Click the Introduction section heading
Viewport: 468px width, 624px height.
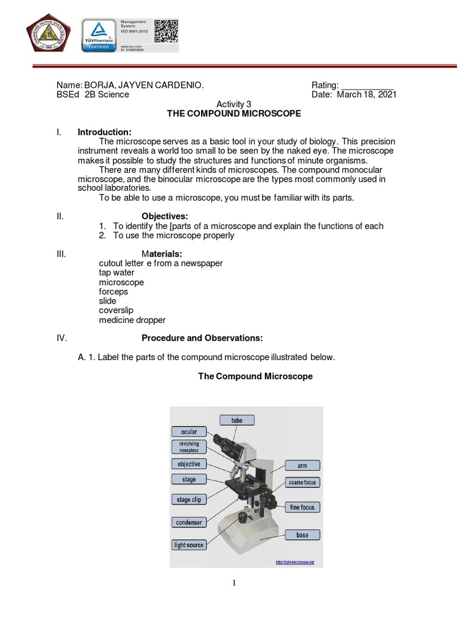click(104, 133)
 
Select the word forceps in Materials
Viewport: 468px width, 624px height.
click(113, 292)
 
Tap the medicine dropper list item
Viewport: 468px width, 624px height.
click(132, 320)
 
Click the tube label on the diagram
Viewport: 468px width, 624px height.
click(236, 420)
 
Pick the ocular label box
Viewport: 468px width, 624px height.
click(189, 432)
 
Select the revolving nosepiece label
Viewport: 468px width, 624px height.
click(189, 447)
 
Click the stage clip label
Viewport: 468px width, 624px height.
click(189, 500)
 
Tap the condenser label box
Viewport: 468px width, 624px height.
click(189, 522)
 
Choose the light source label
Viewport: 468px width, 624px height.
click(189, 545)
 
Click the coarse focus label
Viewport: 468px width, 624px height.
click(302, 483)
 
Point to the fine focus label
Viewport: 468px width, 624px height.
click(302, 507)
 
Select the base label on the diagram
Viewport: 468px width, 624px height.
click(302, 535)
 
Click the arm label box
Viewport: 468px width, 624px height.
click(302, 466)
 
